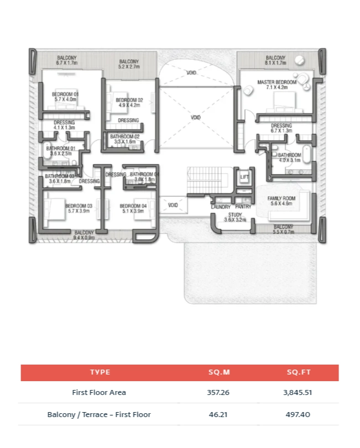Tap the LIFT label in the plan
[244, 177]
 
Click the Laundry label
[220, 207]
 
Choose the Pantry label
[243, 207]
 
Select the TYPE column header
[100, 372]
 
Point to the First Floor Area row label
[99, 393]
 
